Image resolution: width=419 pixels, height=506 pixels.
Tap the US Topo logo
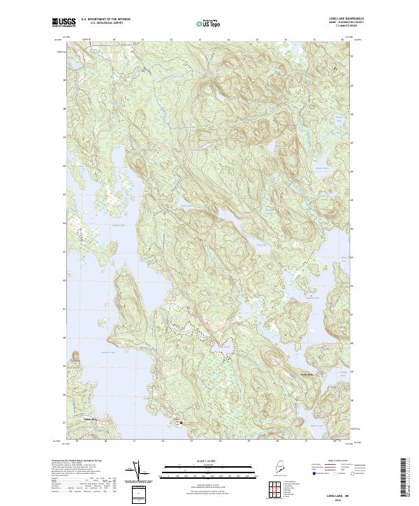click(209, 23)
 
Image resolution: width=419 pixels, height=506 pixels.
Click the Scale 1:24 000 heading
click(209, 461)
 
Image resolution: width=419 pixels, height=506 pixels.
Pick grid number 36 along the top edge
click(286, 40)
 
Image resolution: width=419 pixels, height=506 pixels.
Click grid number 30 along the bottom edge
click(105, 441)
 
